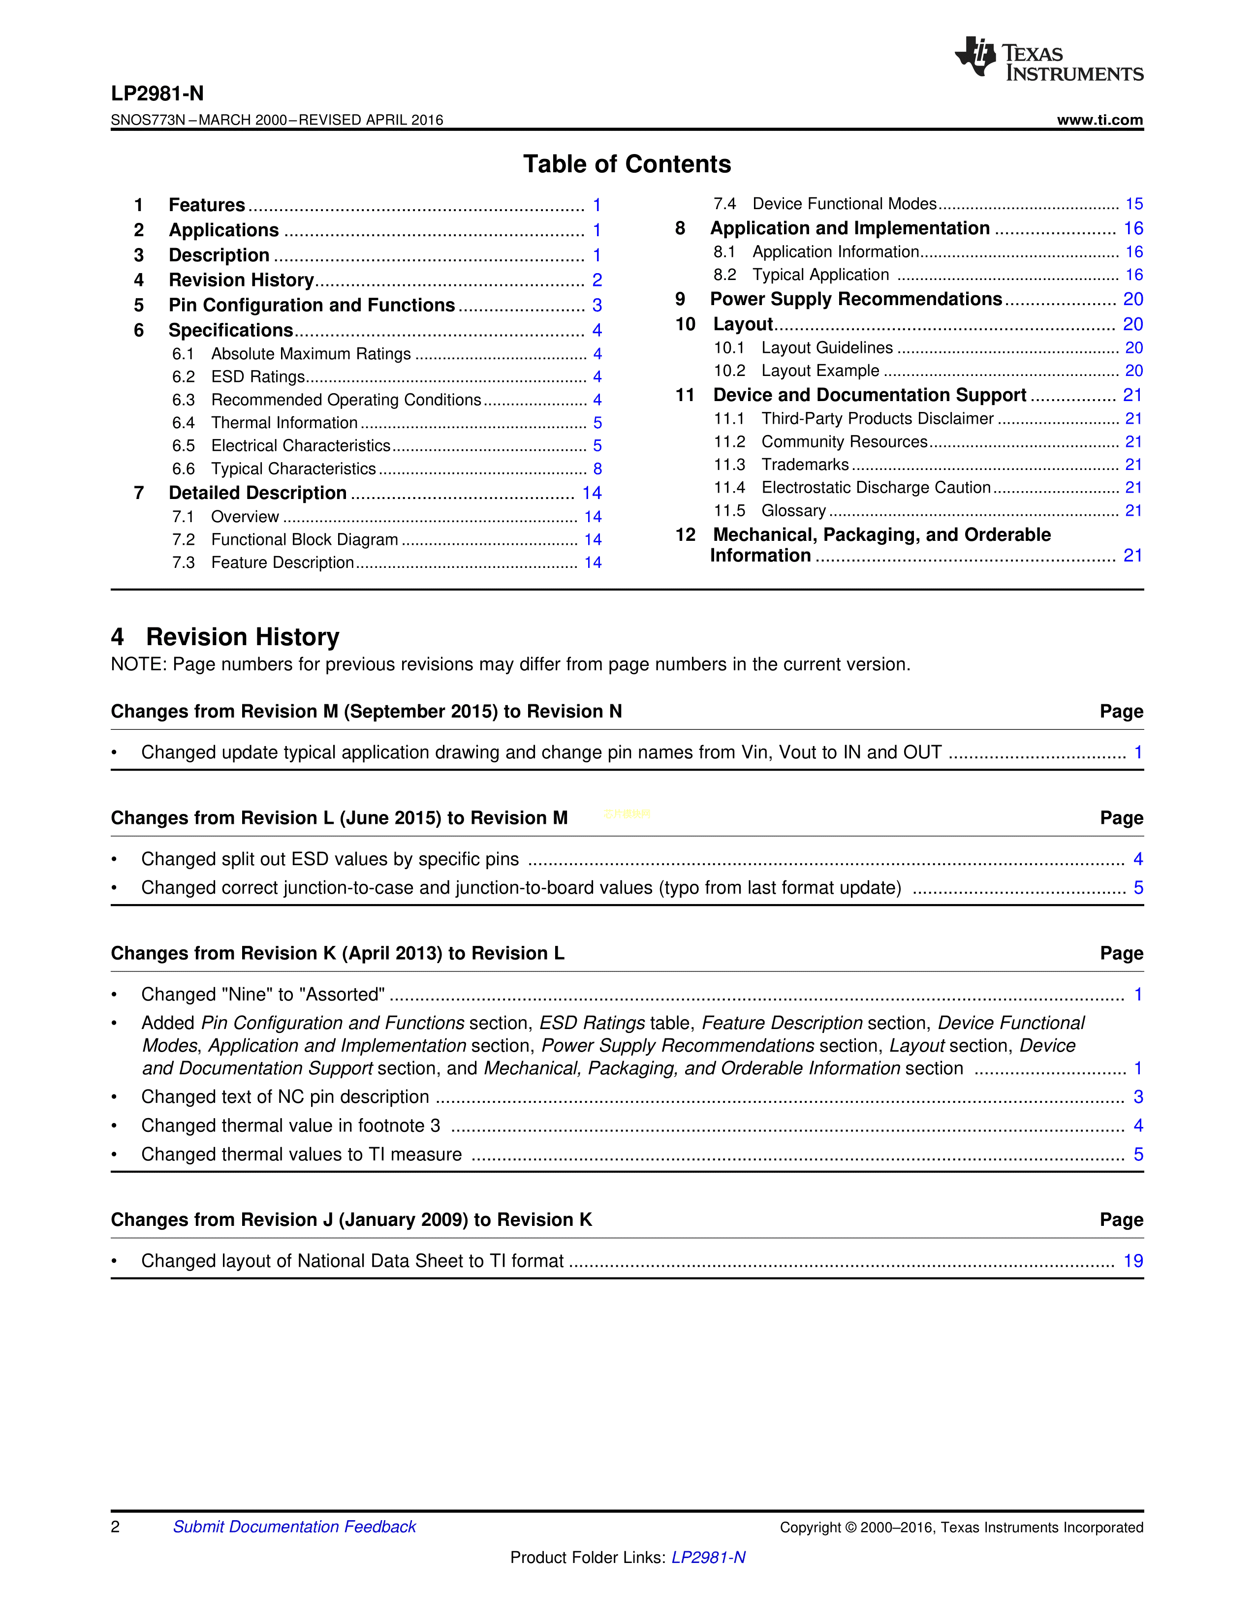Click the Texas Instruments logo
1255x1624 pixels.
(1048, 58)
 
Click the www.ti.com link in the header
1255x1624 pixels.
(1099, 120)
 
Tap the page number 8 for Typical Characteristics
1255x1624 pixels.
(597, 469)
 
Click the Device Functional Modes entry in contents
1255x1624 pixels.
(844, 204)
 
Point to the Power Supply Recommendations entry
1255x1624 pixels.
(856, 299)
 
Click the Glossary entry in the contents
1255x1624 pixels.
(793, 511)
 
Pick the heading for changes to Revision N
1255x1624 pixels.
(366, 712)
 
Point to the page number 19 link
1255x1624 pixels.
(1132, 1261)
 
